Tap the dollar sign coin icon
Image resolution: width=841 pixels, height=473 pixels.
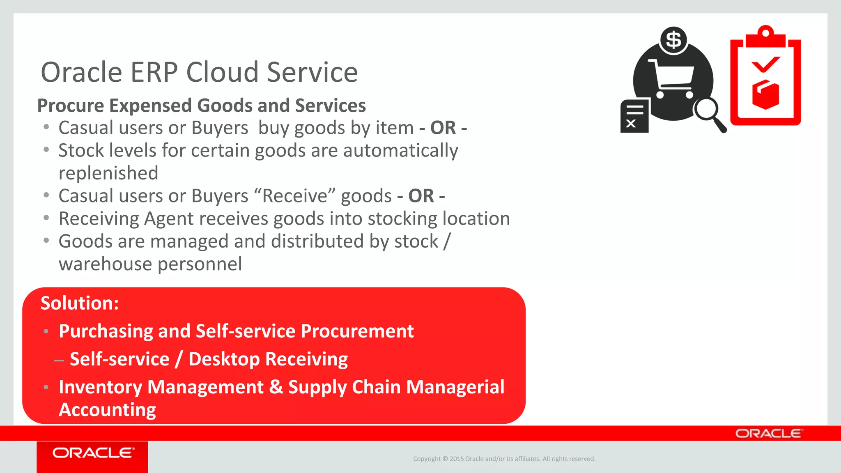coord(673,40)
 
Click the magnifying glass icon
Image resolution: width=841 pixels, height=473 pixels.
coord(710,113)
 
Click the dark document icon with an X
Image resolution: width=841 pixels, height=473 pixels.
coord(634,116)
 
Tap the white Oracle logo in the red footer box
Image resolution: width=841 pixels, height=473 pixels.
coord(93,453)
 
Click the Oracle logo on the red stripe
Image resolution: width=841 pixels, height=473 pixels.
coord(768,434)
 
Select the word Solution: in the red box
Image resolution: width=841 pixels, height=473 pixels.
coord(80,303)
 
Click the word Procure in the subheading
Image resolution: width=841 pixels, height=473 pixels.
coord(71,106)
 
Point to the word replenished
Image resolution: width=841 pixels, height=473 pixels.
coord(108,173)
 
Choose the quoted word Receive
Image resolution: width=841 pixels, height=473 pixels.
coord(295,196)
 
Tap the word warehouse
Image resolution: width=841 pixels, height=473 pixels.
coord(106,264)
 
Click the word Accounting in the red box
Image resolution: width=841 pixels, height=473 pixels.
coord(108,410)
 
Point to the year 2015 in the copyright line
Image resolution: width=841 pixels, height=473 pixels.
coord(456,459)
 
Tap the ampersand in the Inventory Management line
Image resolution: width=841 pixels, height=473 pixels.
coord(276,387)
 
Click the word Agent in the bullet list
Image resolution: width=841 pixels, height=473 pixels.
coord(169,219)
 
